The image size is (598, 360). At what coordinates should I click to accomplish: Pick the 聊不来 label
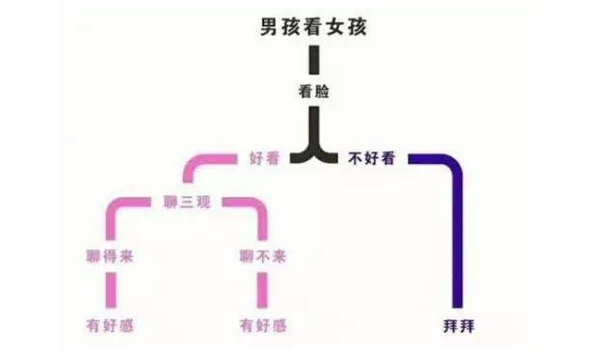tap(263, 257)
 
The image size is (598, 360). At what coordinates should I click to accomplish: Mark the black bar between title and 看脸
tap(315, 61)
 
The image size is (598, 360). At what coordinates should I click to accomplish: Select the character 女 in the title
tap(336, 27)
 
